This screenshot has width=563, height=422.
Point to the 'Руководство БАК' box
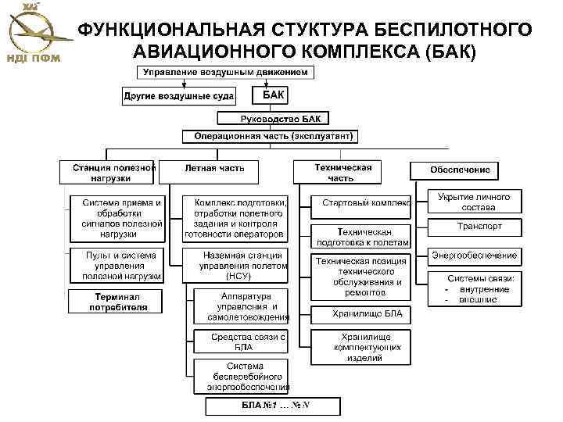pyautogui.click(x=274, y=119)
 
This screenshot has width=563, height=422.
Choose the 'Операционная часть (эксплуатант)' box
pyautogui.click(x=269, y=136)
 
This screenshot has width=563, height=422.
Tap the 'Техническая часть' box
pyautogui.click(x=335, y=172)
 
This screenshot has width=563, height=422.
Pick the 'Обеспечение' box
pyautogui.click(x=461, y=170)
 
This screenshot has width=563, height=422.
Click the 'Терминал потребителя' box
pyautogui.click(x=115, y=302)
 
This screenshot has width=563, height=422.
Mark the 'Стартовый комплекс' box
pyautogui.click(x=360, y=202)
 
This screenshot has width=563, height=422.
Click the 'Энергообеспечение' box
pyautogui.click(x=475, y=256)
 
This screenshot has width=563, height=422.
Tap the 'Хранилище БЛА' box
pyautogui.click(x=360, y=314)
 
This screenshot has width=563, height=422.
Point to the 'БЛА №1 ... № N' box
pyautogui.click(x=274, y=406)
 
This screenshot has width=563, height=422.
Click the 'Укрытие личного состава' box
pyautogui.click(x=474, y=202)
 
